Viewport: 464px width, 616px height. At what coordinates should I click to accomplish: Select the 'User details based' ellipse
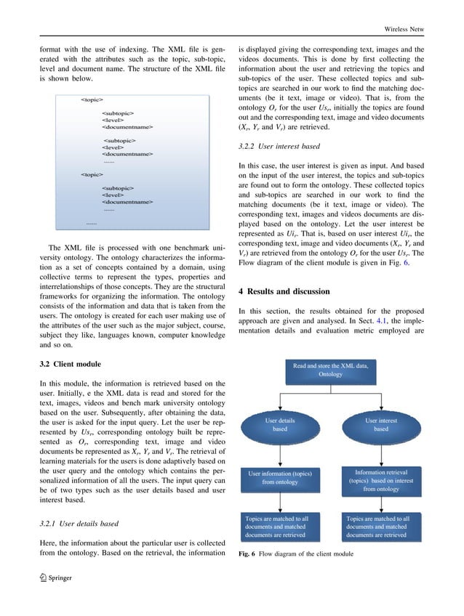pos(279,424)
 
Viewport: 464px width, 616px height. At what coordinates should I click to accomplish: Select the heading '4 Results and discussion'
pos(289,292)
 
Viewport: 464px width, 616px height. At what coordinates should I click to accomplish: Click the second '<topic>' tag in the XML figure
pos(92,175)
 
